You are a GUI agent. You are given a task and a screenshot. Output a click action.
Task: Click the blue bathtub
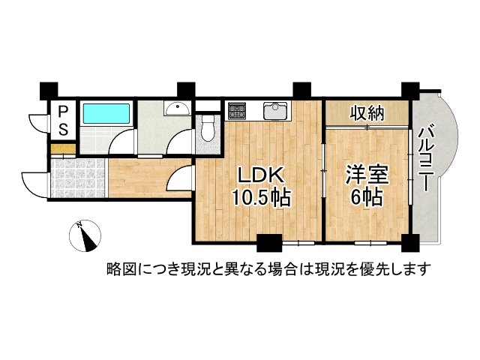click(106, 114)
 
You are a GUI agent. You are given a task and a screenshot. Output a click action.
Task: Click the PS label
click(63, 119)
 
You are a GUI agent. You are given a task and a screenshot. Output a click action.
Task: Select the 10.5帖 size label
click(260, 199)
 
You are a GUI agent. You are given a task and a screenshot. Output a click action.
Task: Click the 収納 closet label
click(367, 113)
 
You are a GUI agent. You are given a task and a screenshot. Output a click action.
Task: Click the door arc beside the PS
click(37, 121)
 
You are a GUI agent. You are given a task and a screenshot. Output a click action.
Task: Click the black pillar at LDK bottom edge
click(268, 243)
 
